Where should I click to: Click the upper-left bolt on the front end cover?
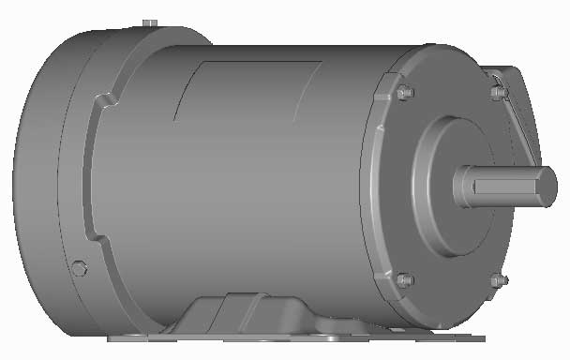[405, 94]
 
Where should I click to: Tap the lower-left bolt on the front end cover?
[404, 279]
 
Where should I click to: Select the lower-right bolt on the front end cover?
[497, 279]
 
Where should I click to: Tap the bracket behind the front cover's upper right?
[521, 108]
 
